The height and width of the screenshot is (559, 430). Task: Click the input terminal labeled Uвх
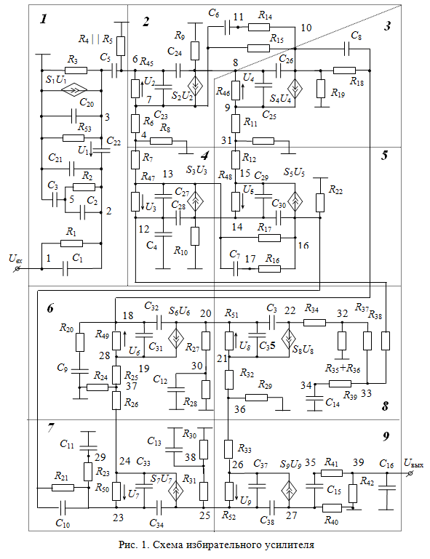point(17,269)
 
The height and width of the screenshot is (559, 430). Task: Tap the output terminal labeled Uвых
point(410,473)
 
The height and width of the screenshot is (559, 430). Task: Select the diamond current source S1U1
point(74,90)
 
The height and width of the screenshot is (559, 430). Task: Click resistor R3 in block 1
point(76,71)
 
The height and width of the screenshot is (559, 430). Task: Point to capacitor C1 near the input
point(65,268)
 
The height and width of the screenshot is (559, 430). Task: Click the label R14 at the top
point(265,15)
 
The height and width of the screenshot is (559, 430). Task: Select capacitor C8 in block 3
point(346,49)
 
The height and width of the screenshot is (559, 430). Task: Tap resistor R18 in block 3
point(344,71)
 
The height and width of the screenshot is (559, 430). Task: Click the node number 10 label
point(306,28)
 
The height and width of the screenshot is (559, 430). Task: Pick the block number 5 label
point(384,156)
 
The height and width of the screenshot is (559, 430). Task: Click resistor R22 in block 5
point(320,203)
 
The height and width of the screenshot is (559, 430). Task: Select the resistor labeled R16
point(269,268)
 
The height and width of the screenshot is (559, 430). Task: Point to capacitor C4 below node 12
point(163,234)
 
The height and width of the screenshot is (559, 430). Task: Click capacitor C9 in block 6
point(79,371)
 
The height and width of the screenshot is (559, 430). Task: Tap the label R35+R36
point(342,369)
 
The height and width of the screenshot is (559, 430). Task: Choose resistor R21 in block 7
point(63,487)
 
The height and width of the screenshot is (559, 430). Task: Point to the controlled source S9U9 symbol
point(289,491)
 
